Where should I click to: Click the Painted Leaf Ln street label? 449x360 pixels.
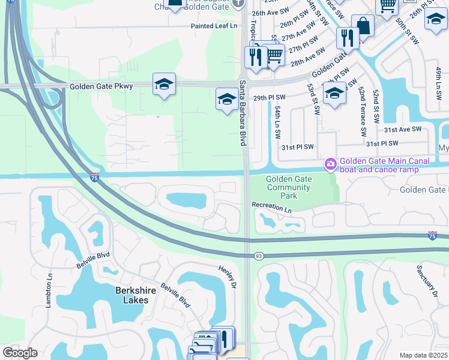coord(214,26)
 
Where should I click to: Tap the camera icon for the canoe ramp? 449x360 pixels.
coord(330,163)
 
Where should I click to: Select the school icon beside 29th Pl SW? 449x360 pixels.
coord(226,98)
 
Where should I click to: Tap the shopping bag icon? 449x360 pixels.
coord(363,26)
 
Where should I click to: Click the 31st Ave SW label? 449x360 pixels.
coord(403,129)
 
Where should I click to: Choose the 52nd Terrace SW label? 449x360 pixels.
coord(363,112)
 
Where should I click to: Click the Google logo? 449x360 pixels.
coord(20,353)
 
